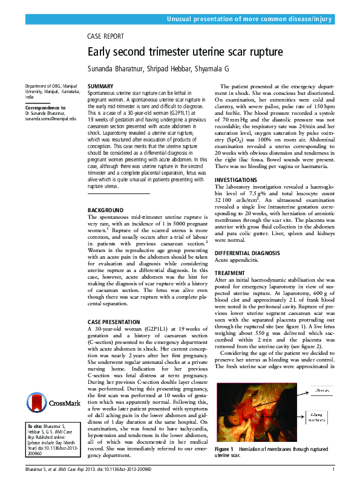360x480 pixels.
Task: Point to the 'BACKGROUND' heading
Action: pyautogui.click(x=105, y=210)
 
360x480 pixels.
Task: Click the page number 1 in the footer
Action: pyautogui.click(x=333, y=470)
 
